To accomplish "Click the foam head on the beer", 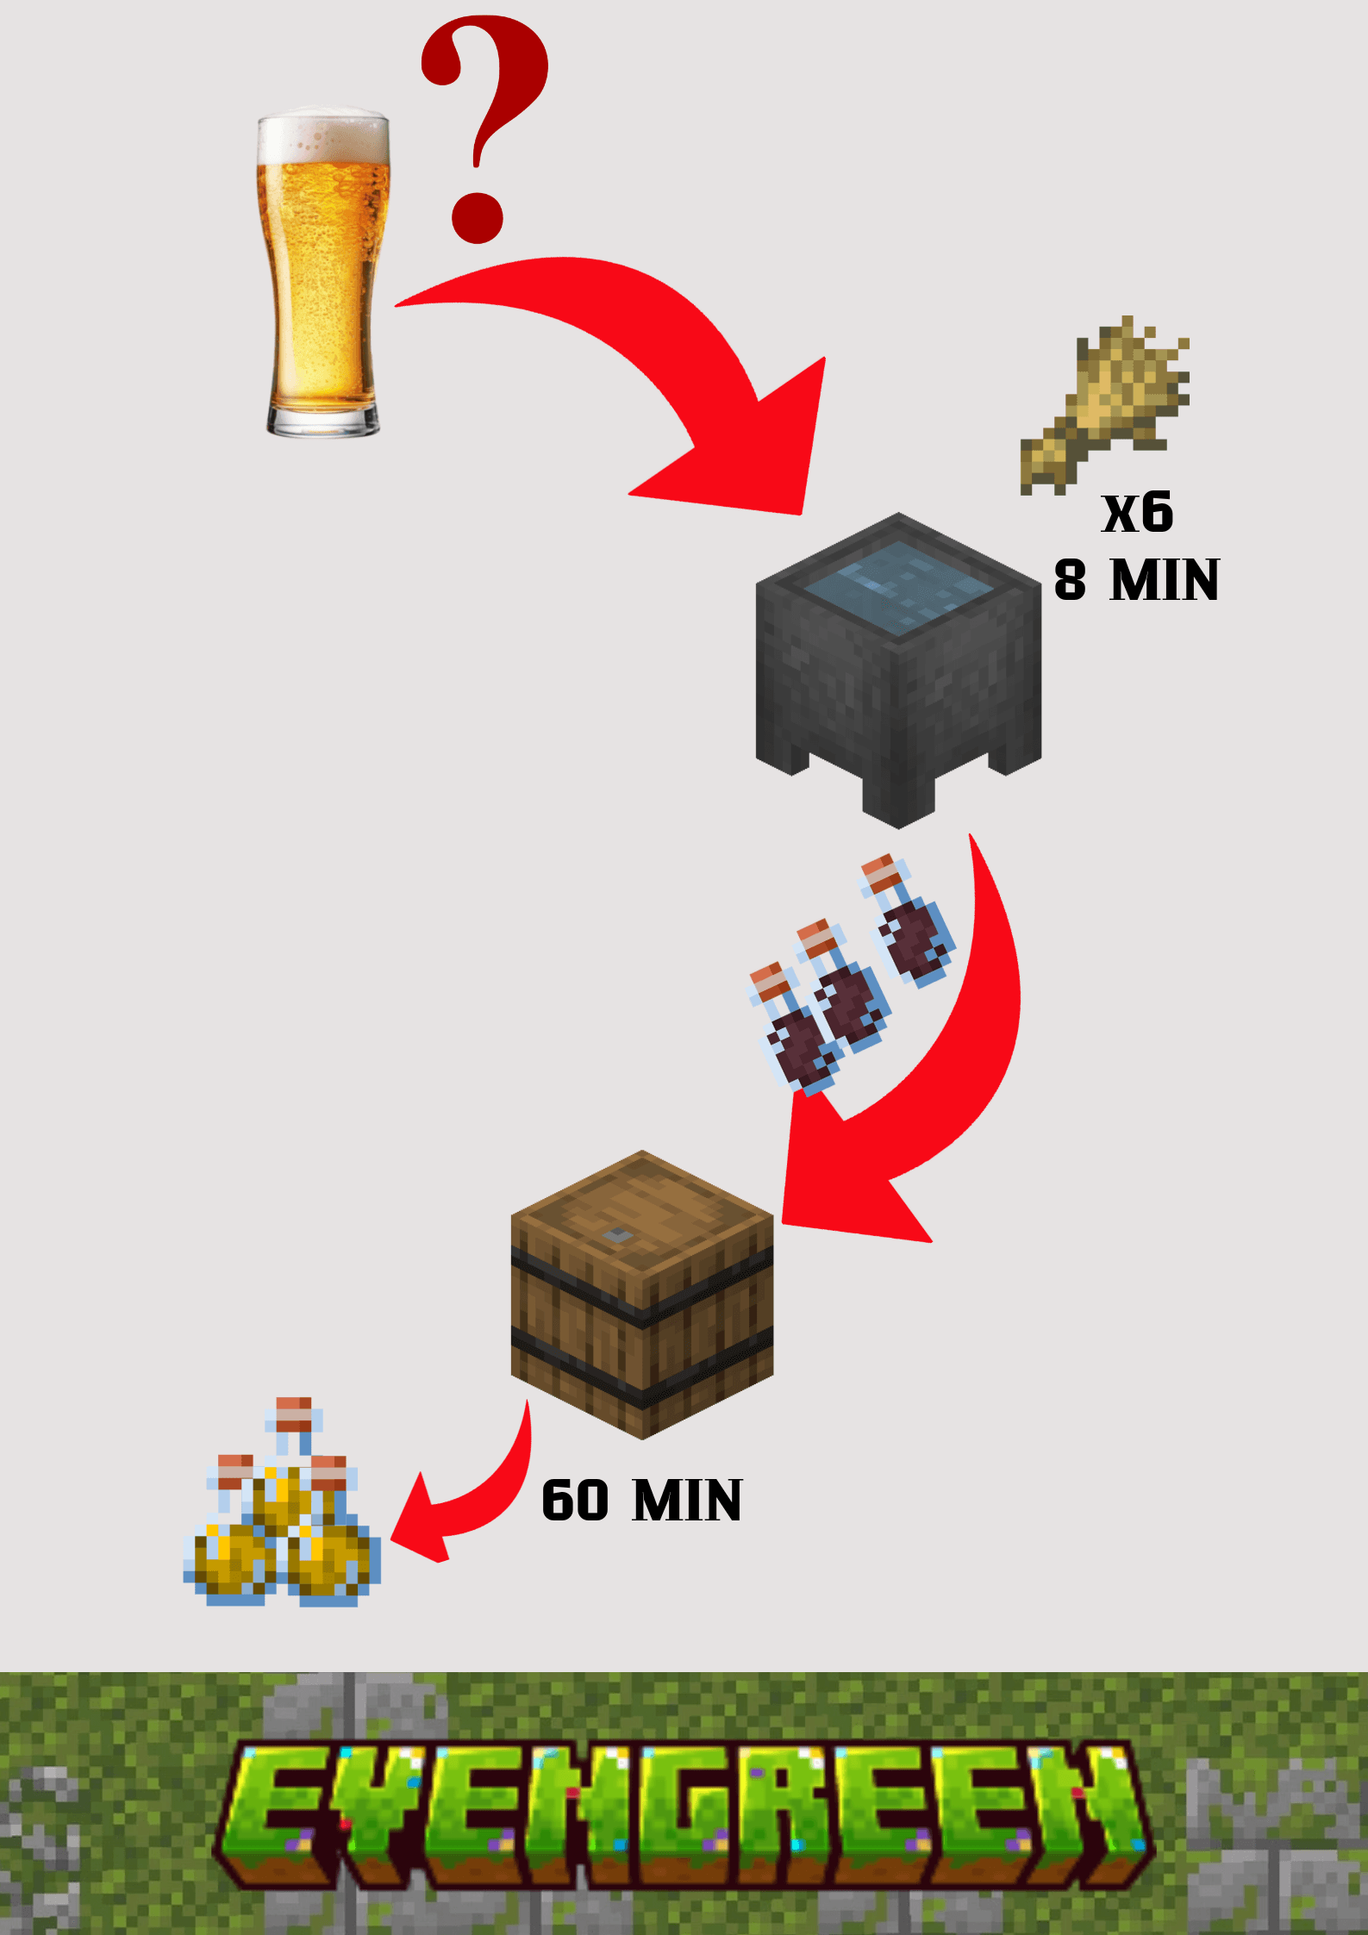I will (323, 134).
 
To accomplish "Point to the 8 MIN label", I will (1136, 580).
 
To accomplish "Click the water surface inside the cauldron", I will (898, 585).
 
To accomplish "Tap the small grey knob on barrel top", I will (617, 1235).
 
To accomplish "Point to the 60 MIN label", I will (642, 1501).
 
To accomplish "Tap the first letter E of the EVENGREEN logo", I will (276, 1801).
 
